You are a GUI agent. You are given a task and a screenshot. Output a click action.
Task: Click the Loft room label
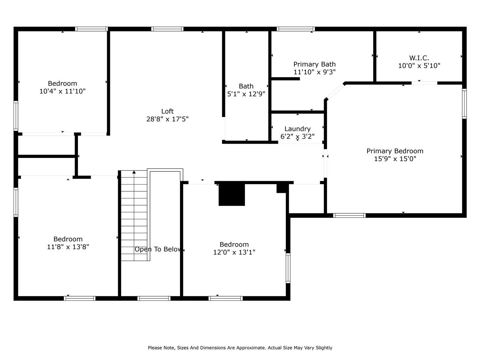[x=167, y=111]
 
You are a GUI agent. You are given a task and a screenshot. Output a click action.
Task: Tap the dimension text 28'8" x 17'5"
[x=167, y=119]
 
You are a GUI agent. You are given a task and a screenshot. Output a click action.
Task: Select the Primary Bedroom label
[x=395, y=151]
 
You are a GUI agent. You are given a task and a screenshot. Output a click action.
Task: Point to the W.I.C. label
[x=419, y=58]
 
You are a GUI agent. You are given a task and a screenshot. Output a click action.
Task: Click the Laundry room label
[x=297, y=129]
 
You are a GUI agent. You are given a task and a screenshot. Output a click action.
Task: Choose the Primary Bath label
[x=314, y=64]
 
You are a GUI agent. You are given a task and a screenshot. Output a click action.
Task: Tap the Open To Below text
[x=158, y=249]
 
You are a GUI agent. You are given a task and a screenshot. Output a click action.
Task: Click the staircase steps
[x=134, y=217]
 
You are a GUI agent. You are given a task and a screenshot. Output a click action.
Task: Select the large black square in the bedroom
[x=232, y=194]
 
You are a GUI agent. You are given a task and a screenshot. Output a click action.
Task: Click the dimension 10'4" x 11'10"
[x=63, y=91]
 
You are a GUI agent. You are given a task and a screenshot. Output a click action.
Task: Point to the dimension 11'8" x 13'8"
[x=68, y=247]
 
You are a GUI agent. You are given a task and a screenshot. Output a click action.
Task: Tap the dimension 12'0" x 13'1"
[x=234, y=252]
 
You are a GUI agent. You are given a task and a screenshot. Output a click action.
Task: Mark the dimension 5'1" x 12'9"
[x=246, y=94]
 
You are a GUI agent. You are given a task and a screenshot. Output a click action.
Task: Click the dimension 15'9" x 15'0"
[x=395, y=159]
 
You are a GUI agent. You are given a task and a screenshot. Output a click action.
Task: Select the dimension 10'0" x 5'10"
[x=419, y=66]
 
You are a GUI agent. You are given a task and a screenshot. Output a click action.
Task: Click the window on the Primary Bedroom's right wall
[x=464, y=103]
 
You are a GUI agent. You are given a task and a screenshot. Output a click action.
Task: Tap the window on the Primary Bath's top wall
[x=295, y=29]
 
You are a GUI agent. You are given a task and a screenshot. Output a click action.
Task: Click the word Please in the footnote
[x=154, y=348]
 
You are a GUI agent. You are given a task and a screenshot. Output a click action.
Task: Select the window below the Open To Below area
[x=154, y=298]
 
